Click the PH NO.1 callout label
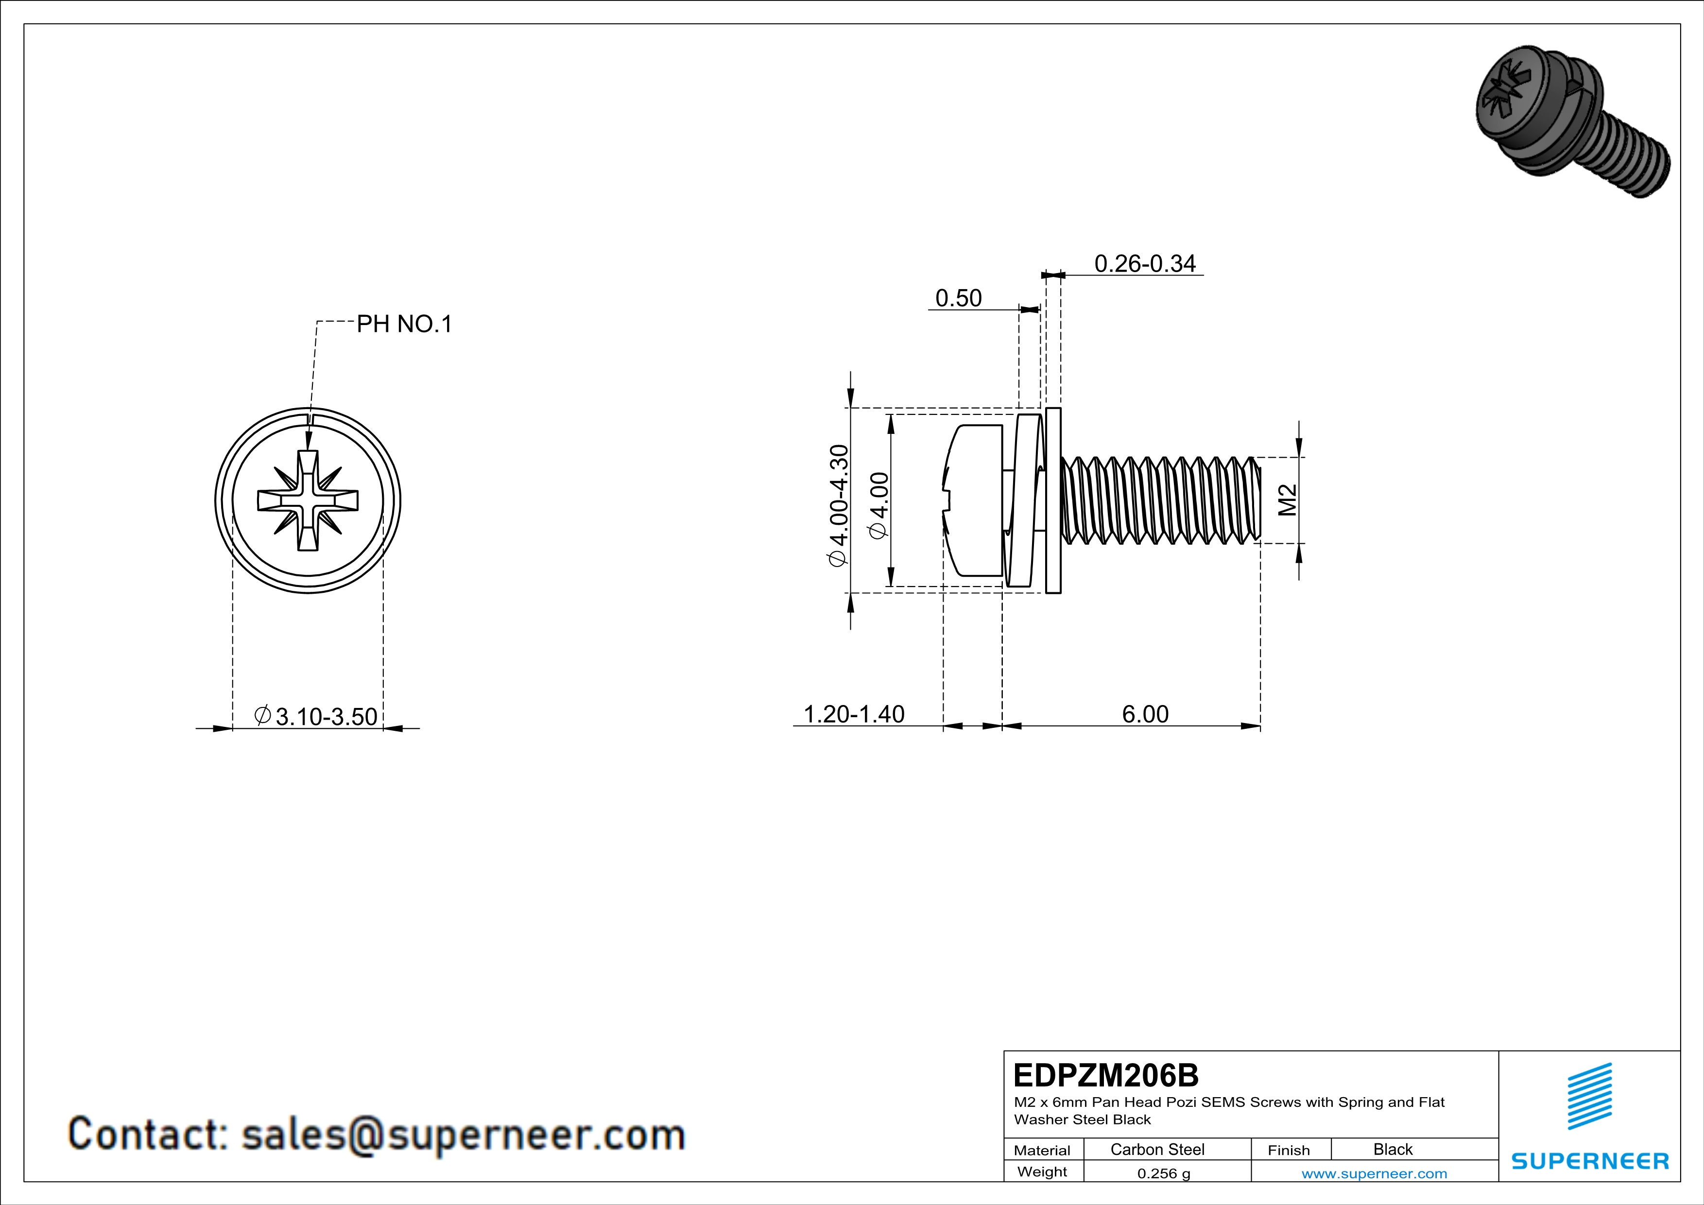404,324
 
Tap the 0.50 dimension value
958,298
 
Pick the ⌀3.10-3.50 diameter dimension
317,717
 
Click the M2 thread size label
1288,499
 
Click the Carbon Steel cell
1156,1149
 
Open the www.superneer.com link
1374,1173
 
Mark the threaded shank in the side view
1161,500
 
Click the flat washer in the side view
1053,500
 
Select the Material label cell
1042,1150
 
